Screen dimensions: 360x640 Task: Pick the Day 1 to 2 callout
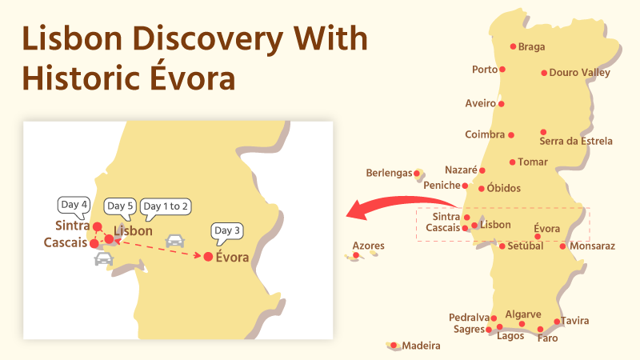coord(166,206)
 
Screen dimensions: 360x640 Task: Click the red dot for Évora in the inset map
coord(208,257)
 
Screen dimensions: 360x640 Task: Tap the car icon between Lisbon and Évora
coord(174,240)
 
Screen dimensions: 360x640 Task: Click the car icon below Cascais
coord(103,258)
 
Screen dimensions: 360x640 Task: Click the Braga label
coord(531,46)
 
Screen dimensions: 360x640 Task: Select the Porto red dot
coord(502,70)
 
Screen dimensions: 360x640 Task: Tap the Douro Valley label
coord(580,73)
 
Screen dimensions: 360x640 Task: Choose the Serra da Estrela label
coord(576,141)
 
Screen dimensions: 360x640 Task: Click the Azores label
coord(368,246)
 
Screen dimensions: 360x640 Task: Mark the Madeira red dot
coord(394,346)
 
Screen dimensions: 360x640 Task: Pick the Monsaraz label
coord(593,246)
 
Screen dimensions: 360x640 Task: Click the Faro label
coord(548,338)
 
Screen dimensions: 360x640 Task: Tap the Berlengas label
coord(388,173)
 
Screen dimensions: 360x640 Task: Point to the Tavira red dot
coord(558,322)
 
